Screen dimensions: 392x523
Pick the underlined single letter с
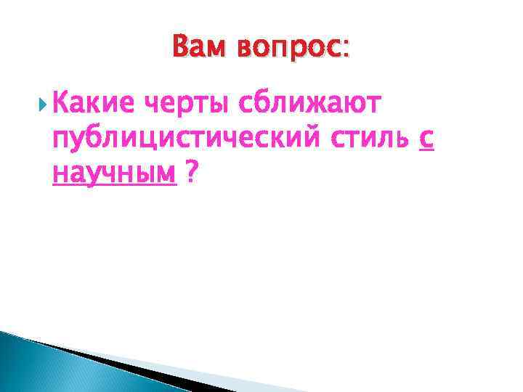(x=427, y=140)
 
